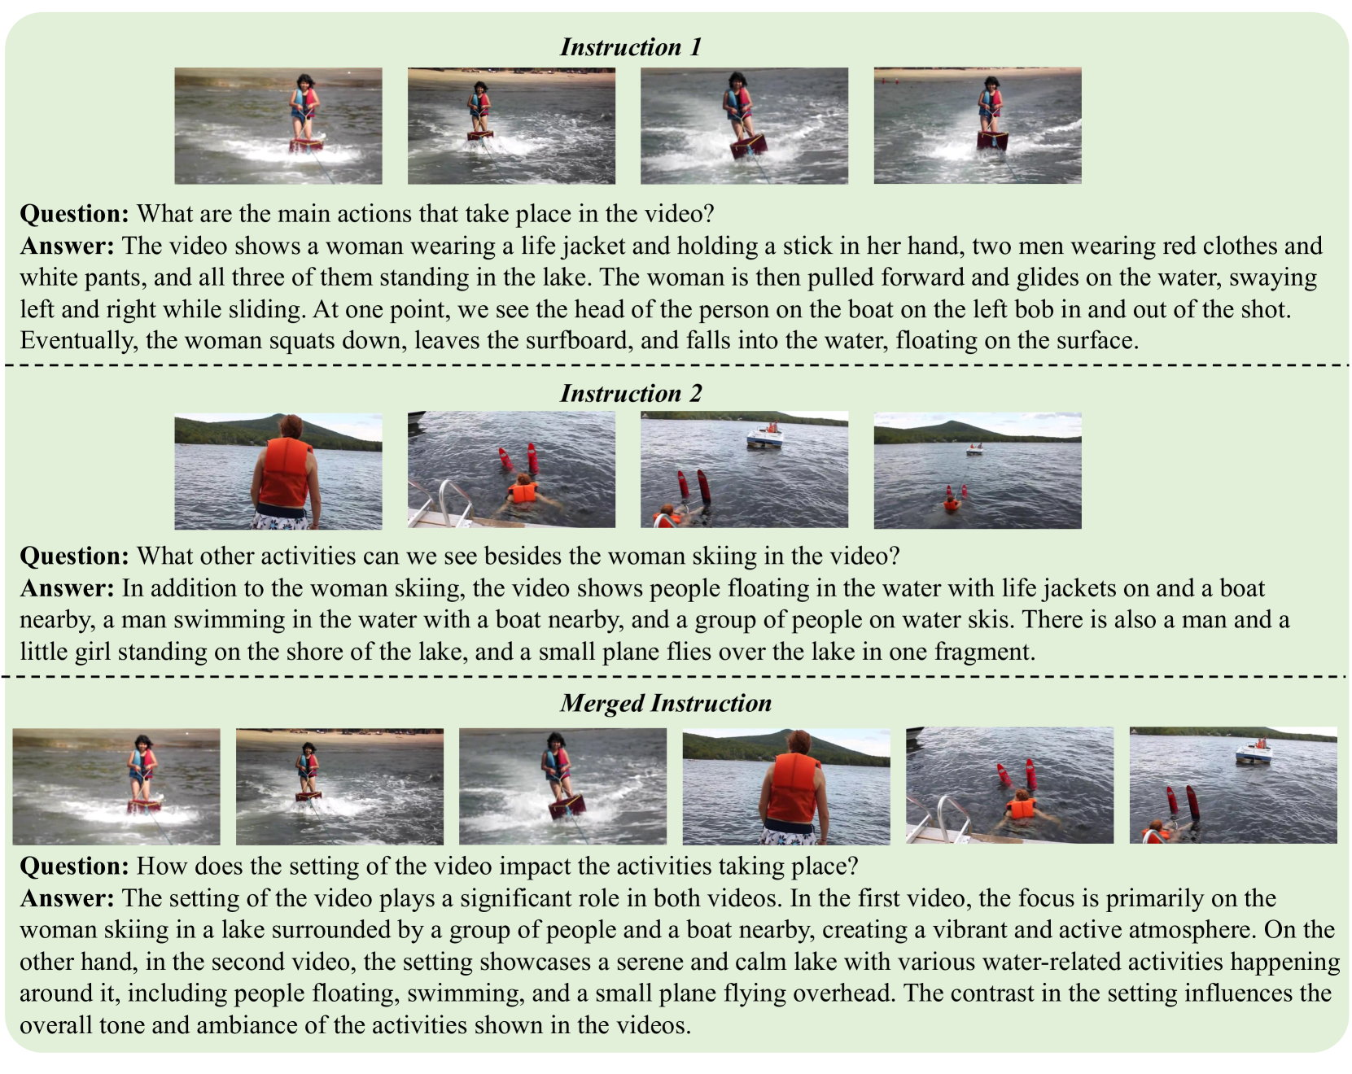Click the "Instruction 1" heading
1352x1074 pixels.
point(631,47)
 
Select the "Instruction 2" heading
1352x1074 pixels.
point(631,394)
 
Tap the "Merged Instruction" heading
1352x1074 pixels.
point(666,703)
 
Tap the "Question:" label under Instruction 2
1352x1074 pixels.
point(75,557)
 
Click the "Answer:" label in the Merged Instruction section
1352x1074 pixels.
point(68,898)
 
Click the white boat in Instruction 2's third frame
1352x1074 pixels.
point(765,437)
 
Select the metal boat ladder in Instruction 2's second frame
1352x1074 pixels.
point(444,504)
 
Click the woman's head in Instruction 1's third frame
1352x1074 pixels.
point(737,81)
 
